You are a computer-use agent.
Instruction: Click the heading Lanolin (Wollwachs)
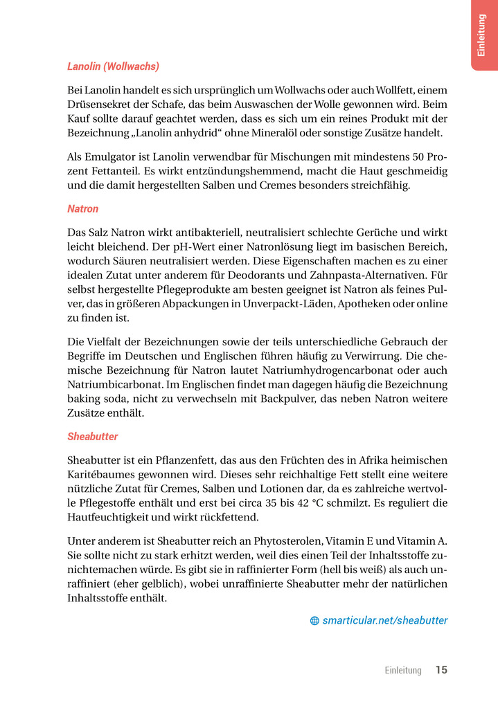113,66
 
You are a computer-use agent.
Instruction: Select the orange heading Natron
83,208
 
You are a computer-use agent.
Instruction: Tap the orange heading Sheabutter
93,436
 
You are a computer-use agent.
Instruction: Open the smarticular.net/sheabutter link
385,620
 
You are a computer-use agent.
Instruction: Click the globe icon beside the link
314,621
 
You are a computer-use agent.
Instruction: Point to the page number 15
441,670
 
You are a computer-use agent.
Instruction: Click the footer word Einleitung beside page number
402,671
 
